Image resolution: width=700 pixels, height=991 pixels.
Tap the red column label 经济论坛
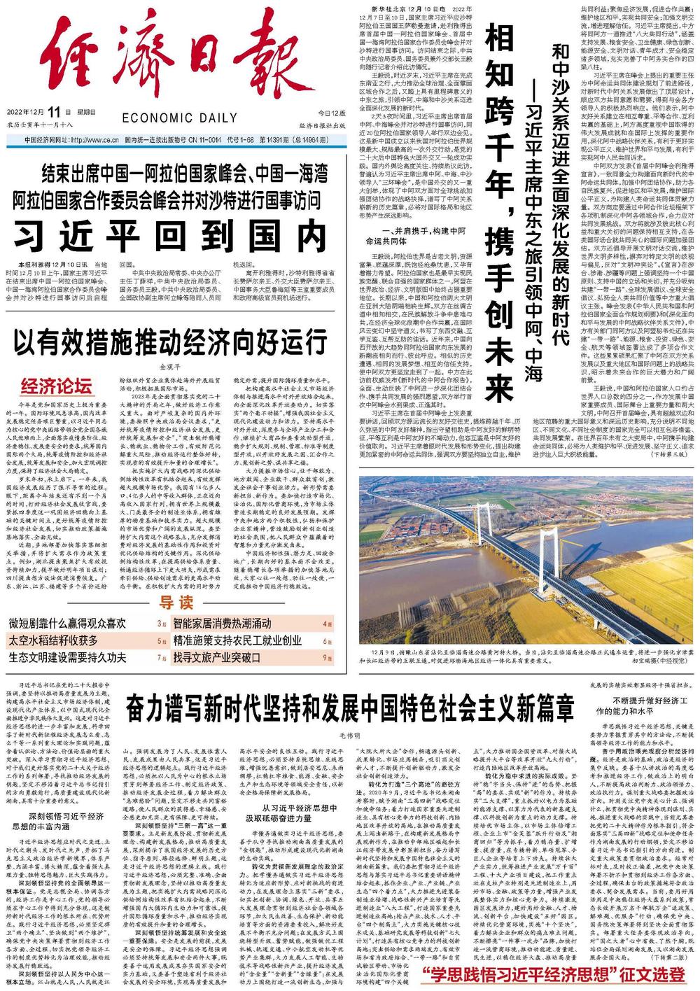pos(57,386)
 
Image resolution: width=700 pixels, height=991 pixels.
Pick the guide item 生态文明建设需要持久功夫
pos(67,657)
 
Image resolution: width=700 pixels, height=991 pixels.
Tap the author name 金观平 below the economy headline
pos(171,366)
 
